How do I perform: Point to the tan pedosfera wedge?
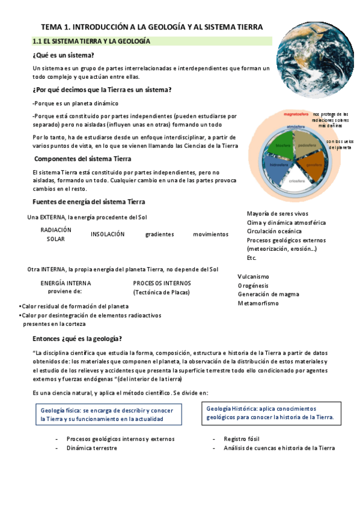click(308, 145)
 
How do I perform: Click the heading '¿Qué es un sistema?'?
click(59, 55)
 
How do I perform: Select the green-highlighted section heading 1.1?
click(91, 41)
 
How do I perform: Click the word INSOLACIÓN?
click(108, 234)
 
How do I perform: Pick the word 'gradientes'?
click(159, 234)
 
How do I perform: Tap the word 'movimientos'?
click(210, 234)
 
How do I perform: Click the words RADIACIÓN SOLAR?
click(56, 234)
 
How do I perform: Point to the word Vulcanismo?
click(253, 276)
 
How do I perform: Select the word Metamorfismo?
click(258, 304)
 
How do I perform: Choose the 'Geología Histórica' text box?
click(270, 412)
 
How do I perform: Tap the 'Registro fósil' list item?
click(243, 438)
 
